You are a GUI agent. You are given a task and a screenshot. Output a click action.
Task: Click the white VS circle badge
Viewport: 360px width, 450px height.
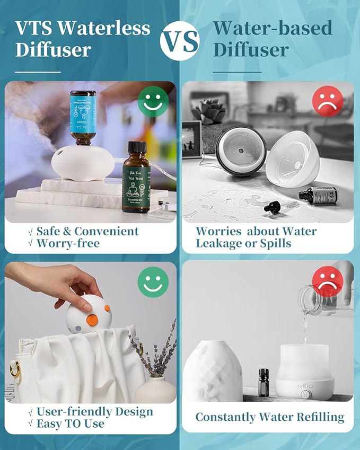[180, 40]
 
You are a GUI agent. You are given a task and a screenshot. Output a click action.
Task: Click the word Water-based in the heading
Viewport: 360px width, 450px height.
[273, 28]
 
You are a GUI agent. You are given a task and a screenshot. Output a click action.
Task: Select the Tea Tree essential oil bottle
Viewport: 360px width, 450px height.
[139, 178]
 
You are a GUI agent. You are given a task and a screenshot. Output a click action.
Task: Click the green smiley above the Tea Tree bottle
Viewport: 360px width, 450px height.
[153, 102]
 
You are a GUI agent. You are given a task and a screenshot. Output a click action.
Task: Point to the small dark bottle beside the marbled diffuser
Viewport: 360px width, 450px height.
[264, 382]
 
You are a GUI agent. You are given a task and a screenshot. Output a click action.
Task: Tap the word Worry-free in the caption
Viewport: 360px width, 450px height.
[68, 244]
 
